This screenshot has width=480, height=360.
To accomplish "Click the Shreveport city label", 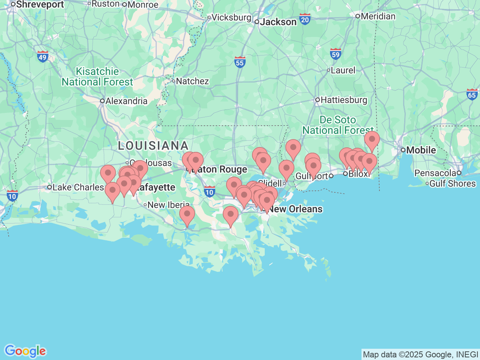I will [x=40, y=4].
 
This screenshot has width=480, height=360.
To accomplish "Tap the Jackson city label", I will [x=278, y=22].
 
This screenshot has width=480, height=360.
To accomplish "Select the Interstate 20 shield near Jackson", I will [x=305, y=19].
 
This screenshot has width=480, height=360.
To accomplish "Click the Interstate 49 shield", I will [x=43, y=57].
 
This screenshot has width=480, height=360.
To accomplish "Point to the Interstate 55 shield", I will [x=240, y=62].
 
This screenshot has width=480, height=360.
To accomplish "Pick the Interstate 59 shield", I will [x=336, y=54].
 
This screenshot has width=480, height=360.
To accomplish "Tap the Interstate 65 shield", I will [x=472, y=94].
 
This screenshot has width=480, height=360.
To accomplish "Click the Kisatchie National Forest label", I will [x=97, y=76].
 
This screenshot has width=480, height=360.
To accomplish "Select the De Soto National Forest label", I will [x=338, y=125].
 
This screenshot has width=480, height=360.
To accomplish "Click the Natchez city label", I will [x=192, y=81].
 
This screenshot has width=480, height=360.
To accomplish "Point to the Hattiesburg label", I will [x=343, y=100].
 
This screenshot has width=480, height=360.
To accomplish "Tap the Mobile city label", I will [x=421, y=150].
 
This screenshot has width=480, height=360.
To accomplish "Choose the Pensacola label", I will [x=435, y=173].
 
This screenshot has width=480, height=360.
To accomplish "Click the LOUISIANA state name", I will [x=153, y=145].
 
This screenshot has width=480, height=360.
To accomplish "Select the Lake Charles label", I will [x=78, y=187].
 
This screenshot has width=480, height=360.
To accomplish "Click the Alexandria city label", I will [x=126, y=101].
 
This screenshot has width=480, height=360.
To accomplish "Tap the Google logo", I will [x=25, y=351].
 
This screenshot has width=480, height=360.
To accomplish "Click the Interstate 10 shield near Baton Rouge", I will [x=209, y=192].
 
